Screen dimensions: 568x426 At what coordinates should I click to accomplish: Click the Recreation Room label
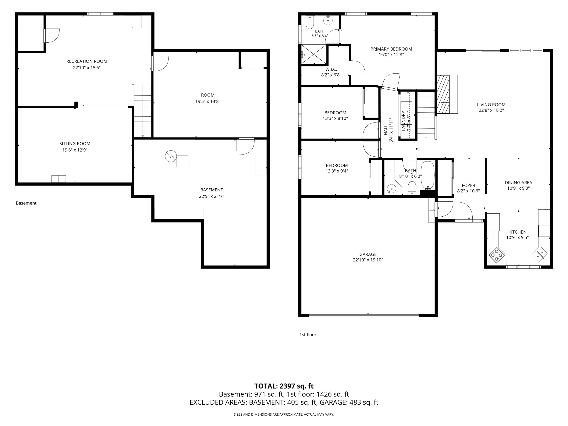pyautogui.click(x=87, y=61)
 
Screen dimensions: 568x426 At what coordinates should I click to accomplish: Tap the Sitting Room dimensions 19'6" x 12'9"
pyautogui.click(x=75, y=150)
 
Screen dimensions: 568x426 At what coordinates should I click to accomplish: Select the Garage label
pyautogui.click(x=368, y=254)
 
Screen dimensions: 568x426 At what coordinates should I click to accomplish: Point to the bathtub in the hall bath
pyautogui.click(x=428, y=175)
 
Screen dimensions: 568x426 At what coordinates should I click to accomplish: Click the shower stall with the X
pyautogui.click(x=314, y=54)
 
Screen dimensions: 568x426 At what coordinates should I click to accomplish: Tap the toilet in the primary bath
pyautogui.click(x=310, y=22)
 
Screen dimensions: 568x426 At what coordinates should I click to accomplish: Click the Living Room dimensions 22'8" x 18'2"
pyautogui.click(x=491, y=110)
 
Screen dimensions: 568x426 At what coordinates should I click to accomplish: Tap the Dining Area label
pyautogui.click(x=518, y=183)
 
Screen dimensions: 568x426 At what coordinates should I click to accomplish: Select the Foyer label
pyautogui.click(x=468, y=185)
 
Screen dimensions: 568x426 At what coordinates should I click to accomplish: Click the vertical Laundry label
pyautogui.click(x=403, y=121)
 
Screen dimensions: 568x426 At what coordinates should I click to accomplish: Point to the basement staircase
pyautogui.click(x=143, y=111)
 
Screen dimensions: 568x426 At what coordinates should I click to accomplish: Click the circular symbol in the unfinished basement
pyautogui.click(x=171, y=156)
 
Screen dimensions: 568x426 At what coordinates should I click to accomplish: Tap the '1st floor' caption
pyautogui.click(x=308, y=334)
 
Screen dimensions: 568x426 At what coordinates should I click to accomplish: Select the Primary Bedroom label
pyautogui.click(x=391, y=49)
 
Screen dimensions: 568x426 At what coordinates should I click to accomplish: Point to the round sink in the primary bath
pyautogui.click(x=328, y=20)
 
